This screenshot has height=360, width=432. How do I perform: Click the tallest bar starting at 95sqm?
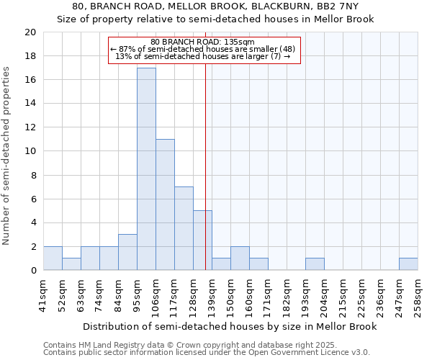coord(146,169)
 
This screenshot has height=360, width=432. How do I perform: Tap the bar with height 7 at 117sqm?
coord(184,228)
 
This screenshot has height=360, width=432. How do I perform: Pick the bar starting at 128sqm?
coord(202,240)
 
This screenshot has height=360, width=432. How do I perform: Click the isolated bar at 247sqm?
coord(408,264)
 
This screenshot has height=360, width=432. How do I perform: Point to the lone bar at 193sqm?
coord(315,264)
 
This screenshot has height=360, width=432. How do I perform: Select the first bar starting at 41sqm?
coord(53,258)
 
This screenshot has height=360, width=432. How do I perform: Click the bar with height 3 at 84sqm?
coord(127,252)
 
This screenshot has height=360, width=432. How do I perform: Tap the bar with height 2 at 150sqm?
coord(240,258)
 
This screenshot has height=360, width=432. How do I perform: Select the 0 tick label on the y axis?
coord(32,271)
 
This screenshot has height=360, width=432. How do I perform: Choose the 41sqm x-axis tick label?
coord(43,295)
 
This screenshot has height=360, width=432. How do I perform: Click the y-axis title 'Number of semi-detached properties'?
coord(7,156)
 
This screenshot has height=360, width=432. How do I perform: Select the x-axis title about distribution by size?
coord(230,326)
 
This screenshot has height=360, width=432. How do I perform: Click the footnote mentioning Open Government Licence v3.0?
coord(207,353)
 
